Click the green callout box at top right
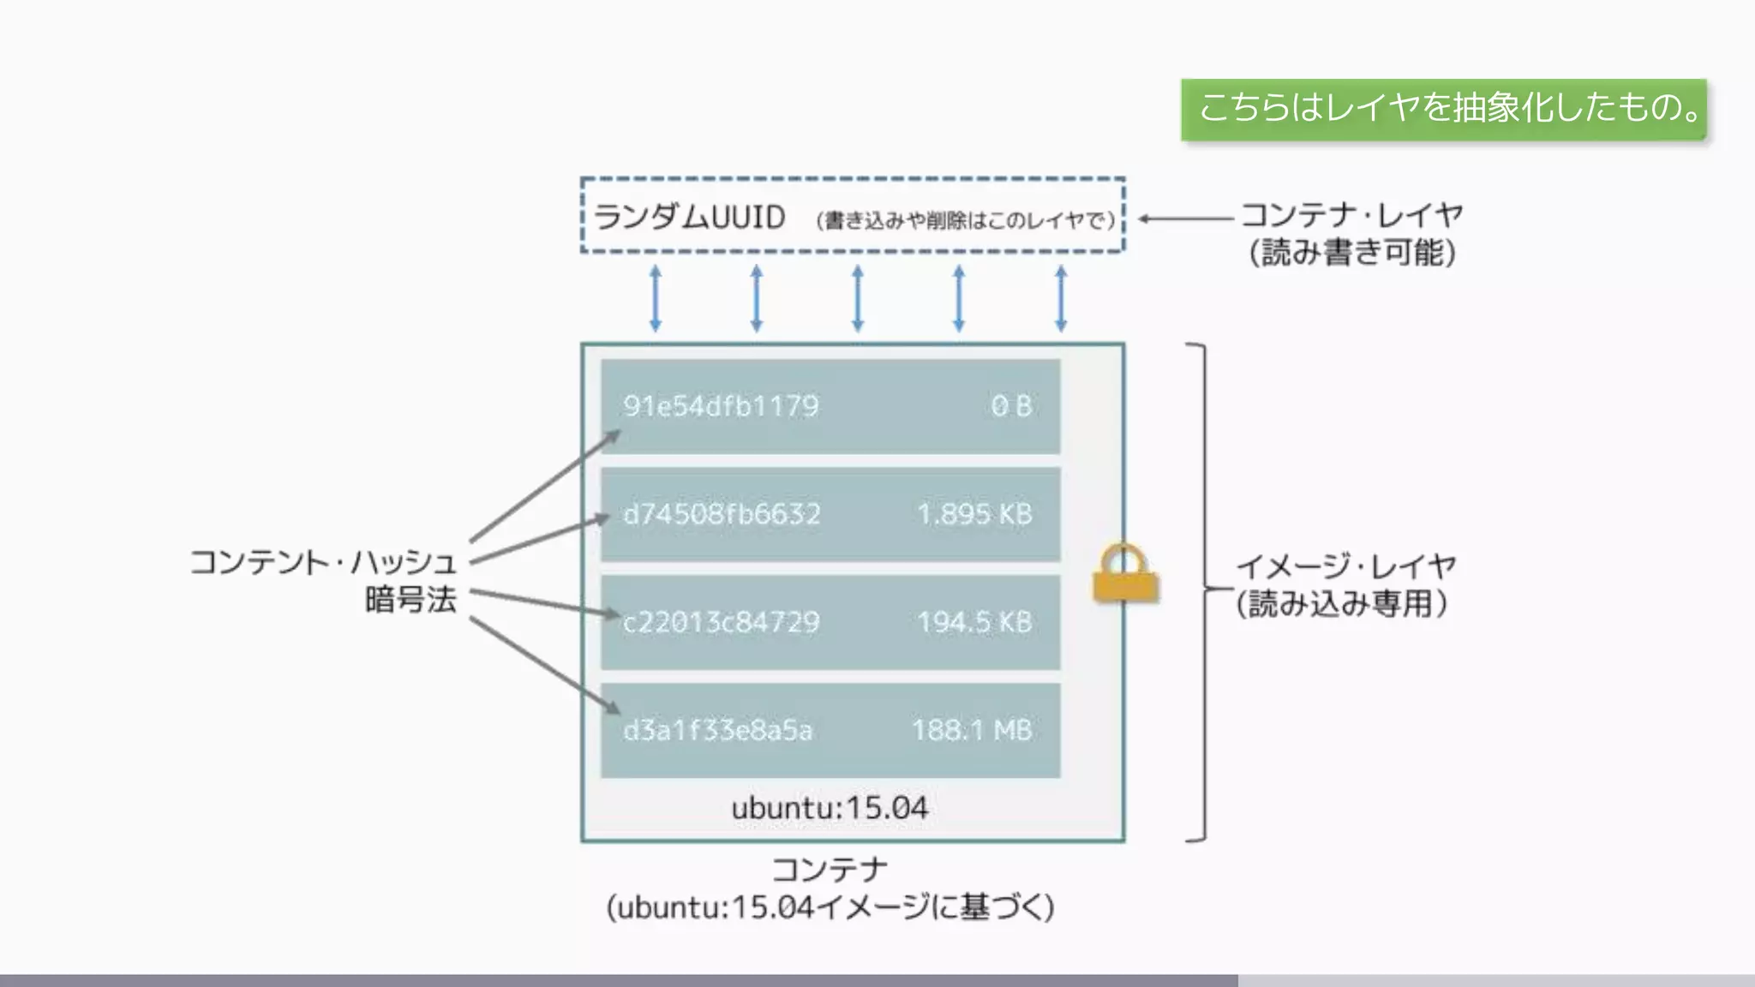coord(1444,109)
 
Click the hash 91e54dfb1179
coord(721,406)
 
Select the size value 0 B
coord(1011,406)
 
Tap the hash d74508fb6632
coord(722,514)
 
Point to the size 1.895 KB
coord(974,514)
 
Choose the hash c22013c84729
coord(721,622)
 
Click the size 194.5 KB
coord(974,622)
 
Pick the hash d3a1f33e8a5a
coord(717,730)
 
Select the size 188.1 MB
coord(971,730)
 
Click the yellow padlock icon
coord(1125,574)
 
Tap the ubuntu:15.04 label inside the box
coord(829,808)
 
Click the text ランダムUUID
coord(689,218)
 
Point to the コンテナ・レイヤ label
coord(1351,215)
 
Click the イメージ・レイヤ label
coord(1345,566)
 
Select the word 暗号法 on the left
coord(410,600)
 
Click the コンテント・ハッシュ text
coord(323,563)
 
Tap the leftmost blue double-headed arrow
coord(656,298)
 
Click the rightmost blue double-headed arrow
coord(1061,298)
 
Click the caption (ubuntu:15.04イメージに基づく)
coord(830,907)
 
